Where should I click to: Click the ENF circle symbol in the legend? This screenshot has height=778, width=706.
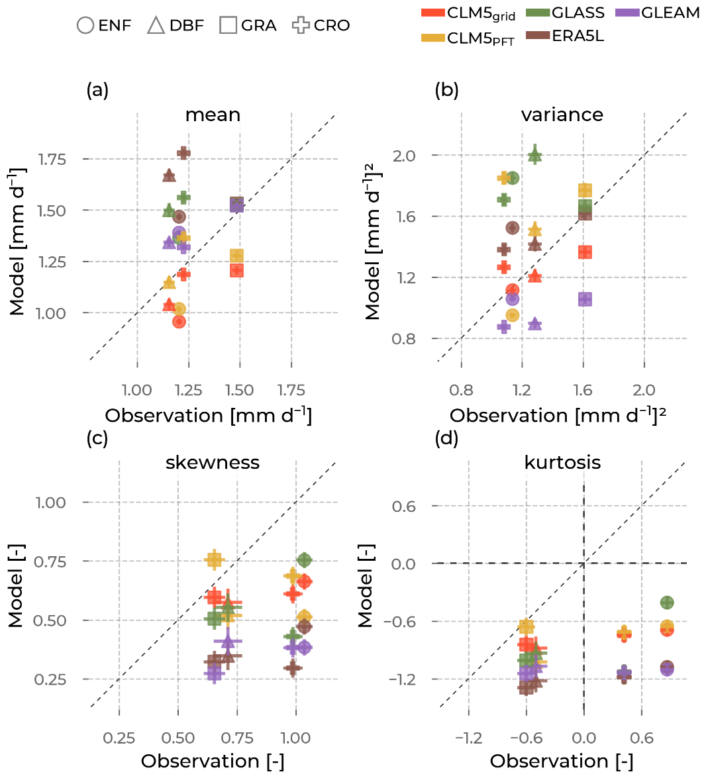(x=85, y=26)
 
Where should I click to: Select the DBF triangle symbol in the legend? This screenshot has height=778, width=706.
(x=156, y=26)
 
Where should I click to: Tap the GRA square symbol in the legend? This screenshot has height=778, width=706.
(x=228, y=26)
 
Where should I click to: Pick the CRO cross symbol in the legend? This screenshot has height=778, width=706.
(x=301, y=26)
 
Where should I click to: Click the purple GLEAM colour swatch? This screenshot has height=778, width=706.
(x=627, y=13)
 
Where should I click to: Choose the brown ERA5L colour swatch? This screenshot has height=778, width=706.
(x=538, y=36)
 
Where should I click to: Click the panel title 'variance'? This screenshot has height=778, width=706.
(x=562, y=115)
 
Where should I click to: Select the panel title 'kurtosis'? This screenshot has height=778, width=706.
(x=562, y=462)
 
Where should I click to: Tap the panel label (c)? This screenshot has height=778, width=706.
(x=97, y=438)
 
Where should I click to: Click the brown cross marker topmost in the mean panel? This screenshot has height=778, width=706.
(x=183, y=153)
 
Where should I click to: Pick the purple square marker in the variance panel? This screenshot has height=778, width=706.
(x=585, y=299)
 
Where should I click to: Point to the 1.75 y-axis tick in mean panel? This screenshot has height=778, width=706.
(x=52, y=159)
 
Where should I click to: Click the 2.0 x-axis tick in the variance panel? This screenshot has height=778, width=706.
(x=644, y=390)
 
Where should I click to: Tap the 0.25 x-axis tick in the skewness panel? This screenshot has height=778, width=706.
(x=119, y=738)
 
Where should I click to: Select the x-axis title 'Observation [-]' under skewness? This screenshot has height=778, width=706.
(x=213, y=761)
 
